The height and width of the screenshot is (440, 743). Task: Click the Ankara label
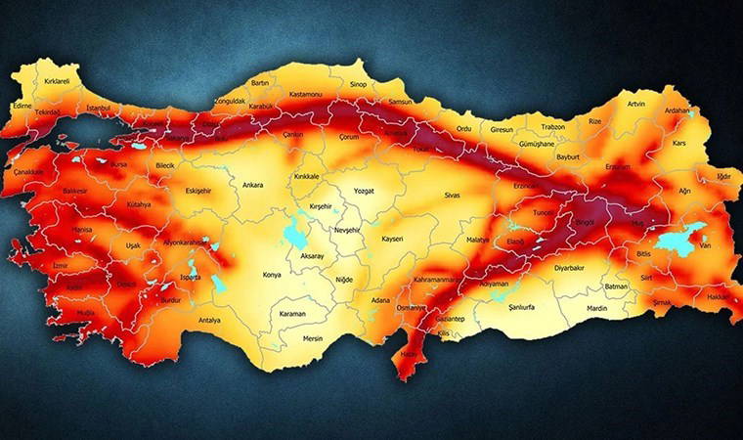coord(252,183)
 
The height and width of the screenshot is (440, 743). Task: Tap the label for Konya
coord(272,275)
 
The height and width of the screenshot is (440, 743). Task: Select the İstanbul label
coord(102,107)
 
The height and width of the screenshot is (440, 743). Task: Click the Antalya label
coord(209,320)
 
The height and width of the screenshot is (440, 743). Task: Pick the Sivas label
coord(452,196)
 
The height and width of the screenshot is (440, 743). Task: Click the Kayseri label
coord(392,239)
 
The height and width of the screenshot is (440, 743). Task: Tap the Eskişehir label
coord(198,190)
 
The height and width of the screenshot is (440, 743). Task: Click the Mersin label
coord(313,338)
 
